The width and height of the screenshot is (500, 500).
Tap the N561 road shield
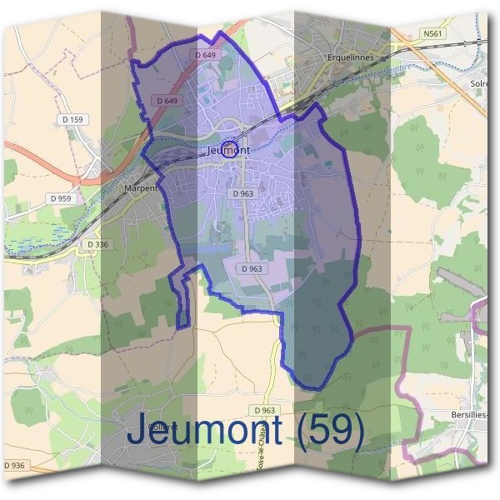(432, 34)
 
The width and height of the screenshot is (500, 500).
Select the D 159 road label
(74, 120)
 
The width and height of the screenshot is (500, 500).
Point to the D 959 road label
(61, 198)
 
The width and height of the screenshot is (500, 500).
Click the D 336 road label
(97, 244)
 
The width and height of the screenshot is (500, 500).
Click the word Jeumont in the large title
(214, 430)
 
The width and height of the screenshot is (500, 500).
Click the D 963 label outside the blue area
(263, 411)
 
